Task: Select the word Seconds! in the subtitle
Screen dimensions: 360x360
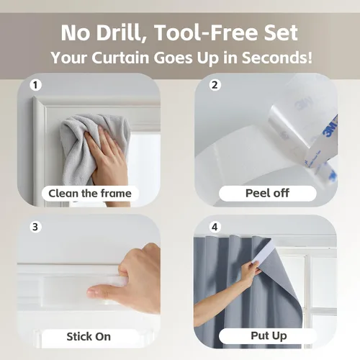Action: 277,58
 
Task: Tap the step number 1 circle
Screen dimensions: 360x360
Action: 35,85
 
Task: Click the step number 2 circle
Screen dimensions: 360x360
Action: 215,85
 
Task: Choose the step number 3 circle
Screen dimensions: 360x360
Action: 35,227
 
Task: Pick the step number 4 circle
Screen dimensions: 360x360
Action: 215,227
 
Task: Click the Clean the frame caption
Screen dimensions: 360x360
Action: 90,194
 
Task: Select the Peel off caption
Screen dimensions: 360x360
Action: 268,193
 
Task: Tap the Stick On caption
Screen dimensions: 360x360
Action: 89,336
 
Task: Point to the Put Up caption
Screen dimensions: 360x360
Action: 269,336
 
